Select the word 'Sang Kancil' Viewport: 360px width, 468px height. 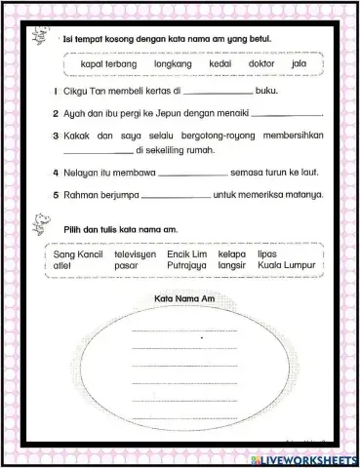click(77, 253)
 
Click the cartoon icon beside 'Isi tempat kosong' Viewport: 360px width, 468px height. click(38, 34)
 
